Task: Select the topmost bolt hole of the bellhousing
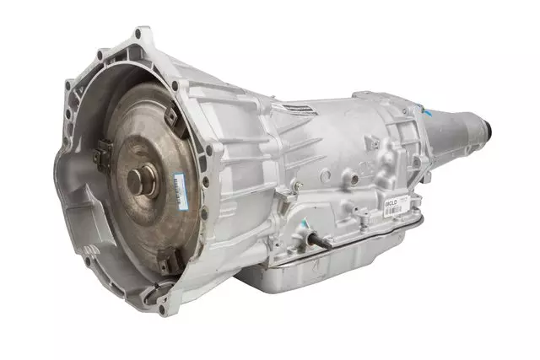[x=138, y=35]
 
